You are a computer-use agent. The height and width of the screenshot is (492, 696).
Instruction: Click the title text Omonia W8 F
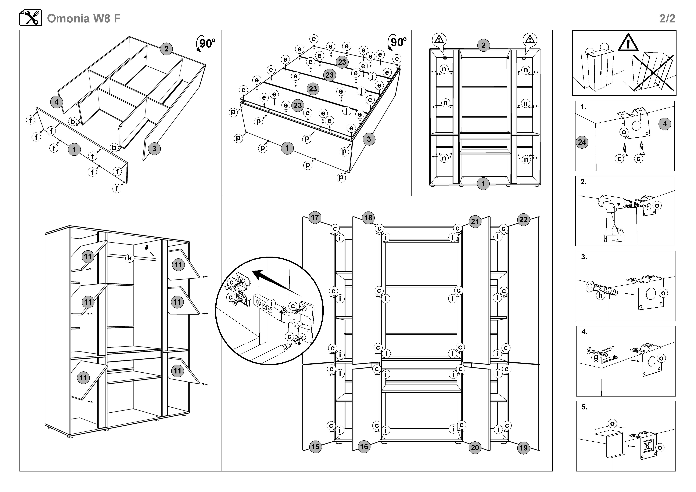84,18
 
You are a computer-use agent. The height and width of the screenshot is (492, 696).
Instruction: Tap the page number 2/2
667,18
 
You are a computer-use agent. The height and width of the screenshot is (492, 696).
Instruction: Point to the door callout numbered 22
524,219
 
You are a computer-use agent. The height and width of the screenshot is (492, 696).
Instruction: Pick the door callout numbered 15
316,446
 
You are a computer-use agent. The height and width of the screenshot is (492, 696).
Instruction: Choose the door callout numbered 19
524,448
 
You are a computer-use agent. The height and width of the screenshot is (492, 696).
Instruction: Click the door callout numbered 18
368,218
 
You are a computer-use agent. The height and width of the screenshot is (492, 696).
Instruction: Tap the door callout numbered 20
475,448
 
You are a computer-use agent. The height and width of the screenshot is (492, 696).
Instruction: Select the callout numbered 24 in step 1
582,142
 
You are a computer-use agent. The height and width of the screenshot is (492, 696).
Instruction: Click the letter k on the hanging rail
130,258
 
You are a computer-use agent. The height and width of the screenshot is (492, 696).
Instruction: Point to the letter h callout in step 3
600,295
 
